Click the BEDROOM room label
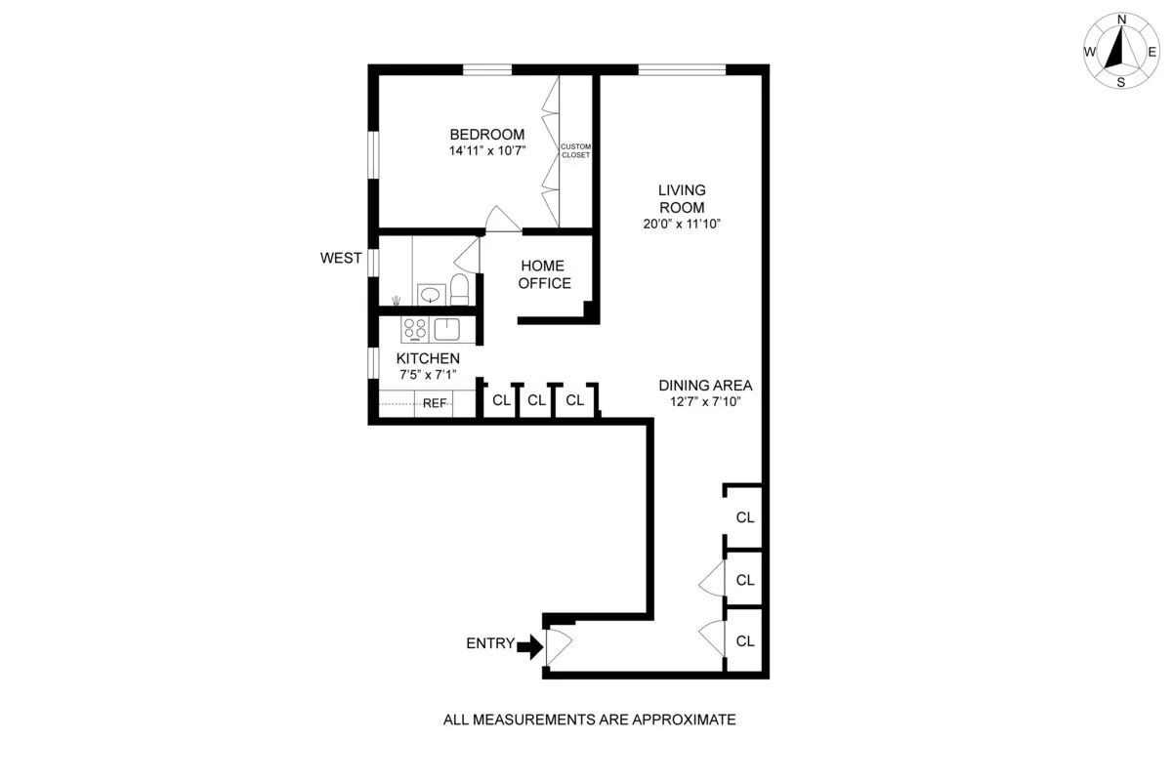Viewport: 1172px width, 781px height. (x=486, y=135)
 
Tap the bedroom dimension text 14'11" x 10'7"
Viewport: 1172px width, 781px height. (x=486, y=151)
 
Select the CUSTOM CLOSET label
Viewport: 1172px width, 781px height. (x=575, y=150)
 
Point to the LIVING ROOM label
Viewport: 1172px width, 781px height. (x=681, y=198)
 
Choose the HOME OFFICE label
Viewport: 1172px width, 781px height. (x=544, y=274)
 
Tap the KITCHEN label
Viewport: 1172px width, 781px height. (x=428, y=359)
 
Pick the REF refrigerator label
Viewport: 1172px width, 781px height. (x=435, y=403)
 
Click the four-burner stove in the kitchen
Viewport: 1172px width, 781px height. (x=414, y=328)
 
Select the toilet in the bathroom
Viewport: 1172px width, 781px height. (x=460, y=290)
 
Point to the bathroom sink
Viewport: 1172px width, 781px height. (x=429, y=293)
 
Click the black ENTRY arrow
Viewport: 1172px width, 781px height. (x=530, y=645)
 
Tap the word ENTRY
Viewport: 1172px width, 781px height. (x=490, y=643)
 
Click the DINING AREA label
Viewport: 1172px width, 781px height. (x=705, y=386)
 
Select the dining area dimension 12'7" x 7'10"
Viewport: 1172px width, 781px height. (x=705, y=401)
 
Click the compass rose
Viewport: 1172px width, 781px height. (x=1120, y=51)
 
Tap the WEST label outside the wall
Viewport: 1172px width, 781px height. (x=341, y=259)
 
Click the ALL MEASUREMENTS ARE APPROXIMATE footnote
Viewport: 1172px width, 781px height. (x=589, y=720)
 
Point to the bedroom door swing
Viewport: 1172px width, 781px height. (x=502, y=220)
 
